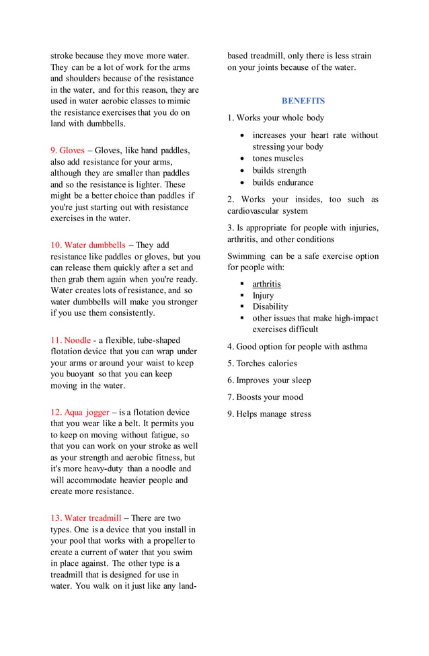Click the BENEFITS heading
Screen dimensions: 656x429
click(x=303, y=101)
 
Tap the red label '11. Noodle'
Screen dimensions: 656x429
click(x=71, y=340)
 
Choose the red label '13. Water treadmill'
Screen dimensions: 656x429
click(x=85, y=518)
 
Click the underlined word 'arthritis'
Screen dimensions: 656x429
click(x=267, y=284)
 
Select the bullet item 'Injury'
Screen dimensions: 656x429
click(x=263, y=295)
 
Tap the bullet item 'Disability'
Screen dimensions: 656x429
click(x=270, y=306)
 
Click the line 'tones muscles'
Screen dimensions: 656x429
click(x=278, y=159)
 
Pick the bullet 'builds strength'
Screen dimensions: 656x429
click(x=279, y=171)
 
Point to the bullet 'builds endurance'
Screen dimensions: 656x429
click(x=282, y=182)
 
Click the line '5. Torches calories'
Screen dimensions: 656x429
click(x=262, y=364)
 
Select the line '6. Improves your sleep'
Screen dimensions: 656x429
click(x=269, y=380)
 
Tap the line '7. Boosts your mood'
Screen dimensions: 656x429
click(x=265, y=397)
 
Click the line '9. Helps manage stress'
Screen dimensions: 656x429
click(x=269, y=414)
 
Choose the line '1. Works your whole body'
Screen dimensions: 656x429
click(x=276, y=118)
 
